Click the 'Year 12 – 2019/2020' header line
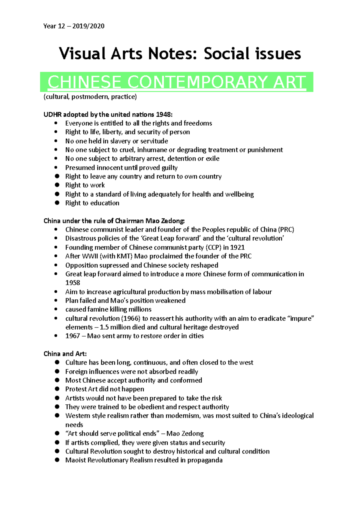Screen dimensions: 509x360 [74, 26]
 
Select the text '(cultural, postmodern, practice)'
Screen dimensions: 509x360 [90, 97]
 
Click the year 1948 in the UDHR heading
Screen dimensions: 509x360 [164, 115]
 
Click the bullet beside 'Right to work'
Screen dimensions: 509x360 [57, 185]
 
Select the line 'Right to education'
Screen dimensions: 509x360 [92, 203]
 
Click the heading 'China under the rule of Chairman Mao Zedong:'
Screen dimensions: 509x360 [114, 221]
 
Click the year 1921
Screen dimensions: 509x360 [237, 247]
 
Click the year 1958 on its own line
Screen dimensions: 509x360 [73, 283]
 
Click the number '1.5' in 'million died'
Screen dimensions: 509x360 [104, 327]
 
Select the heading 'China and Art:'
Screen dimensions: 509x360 [65, 354]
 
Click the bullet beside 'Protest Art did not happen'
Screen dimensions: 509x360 [57, 389]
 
